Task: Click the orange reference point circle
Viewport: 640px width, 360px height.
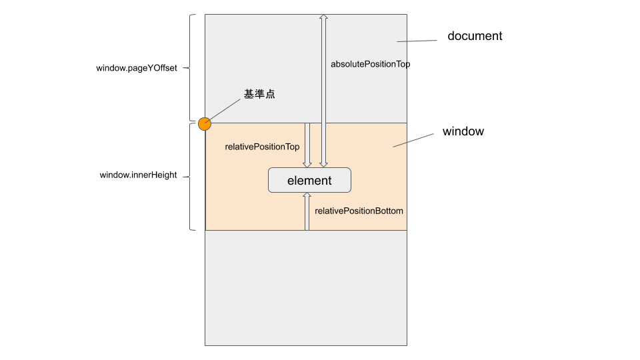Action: click(204, 123)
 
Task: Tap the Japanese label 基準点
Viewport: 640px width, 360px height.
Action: click(259, 95)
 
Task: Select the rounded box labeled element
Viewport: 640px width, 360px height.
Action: click(309, 180)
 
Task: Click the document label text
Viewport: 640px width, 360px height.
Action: click(475, 36)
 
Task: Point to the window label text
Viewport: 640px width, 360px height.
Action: click(463, 131)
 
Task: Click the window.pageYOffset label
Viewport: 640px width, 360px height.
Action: click(137, 68)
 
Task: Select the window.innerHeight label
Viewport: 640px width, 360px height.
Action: click(138, 175)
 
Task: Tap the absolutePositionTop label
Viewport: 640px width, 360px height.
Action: click(370, 65)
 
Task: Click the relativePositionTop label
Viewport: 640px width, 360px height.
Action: click(262, 147)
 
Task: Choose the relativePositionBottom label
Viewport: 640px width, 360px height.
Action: click(359, 211)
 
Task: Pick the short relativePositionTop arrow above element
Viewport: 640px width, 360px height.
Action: click(307, 145)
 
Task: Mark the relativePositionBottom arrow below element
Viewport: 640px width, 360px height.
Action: click(307, 212)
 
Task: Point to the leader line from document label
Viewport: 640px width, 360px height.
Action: click(417, 41)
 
